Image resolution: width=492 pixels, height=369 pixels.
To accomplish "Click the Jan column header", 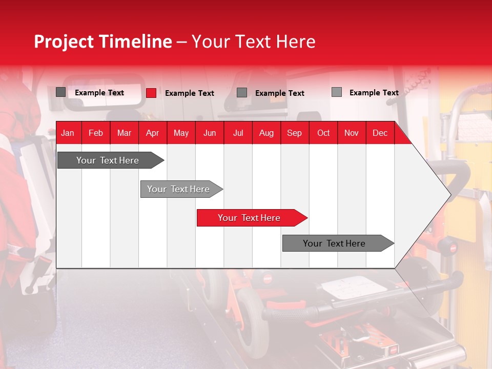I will coord(68,133).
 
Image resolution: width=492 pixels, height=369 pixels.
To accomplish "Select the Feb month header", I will coord(96,133).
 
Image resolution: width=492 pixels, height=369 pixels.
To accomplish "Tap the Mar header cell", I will coord(124,133).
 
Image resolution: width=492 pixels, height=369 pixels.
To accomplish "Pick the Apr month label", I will coord(153,133).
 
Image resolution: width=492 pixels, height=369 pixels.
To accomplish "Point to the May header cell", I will coord(181,133).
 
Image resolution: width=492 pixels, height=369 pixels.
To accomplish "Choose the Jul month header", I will coord(238,133).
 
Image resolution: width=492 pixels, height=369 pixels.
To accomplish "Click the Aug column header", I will coord(266,133).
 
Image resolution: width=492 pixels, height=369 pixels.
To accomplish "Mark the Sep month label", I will coord(295,133).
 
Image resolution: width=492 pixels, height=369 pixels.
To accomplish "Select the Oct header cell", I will coord(323,133).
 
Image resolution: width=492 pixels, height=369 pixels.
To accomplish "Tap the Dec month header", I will coord(380,133).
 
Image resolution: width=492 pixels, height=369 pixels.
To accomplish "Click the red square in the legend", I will coord(151,93).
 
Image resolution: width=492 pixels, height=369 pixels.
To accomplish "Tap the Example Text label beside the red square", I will coord(190,93).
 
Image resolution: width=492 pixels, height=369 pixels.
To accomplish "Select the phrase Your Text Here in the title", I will coord(253,42).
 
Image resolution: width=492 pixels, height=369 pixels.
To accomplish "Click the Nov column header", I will coord(352,133).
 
